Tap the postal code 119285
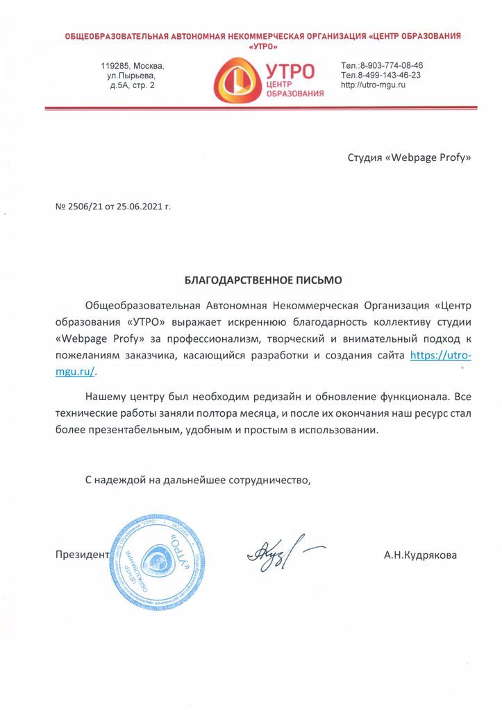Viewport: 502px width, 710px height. [x=115, y=65]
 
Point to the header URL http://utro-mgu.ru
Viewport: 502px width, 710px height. [x=373, y=85]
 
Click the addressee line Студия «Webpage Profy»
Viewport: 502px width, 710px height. [x=409, y=157]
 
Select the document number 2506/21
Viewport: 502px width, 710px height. [x=87, y=207]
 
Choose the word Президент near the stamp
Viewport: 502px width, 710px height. [x=81, y=555]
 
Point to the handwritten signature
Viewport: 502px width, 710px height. [x=278, y=553]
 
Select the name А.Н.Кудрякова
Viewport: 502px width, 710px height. [x=420, y=555]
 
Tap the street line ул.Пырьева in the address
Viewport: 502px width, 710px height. [x=136, y=75]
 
